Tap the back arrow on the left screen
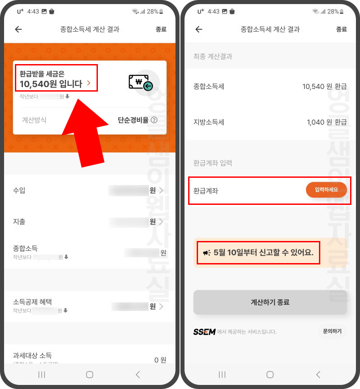pos(18,29)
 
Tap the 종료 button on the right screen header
pos(342,29)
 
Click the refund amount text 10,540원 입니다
pos(51,83)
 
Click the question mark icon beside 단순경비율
pos(154,120)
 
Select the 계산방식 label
pos(34,120)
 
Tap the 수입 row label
pos(19,190)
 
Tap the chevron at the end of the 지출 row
pos(161,222)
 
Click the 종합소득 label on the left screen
pos(25,249)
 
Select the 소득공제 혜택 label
pos(36,302)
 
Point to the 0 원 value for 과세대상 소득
pos(160,360)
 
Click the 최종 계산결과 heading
pos(212,56)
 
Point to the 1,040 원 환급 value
pos(327,122)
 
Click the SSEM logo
pos(204,332)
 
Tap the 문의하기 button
pos(332,331)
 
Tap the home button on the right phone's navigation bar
pos(270,375)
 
